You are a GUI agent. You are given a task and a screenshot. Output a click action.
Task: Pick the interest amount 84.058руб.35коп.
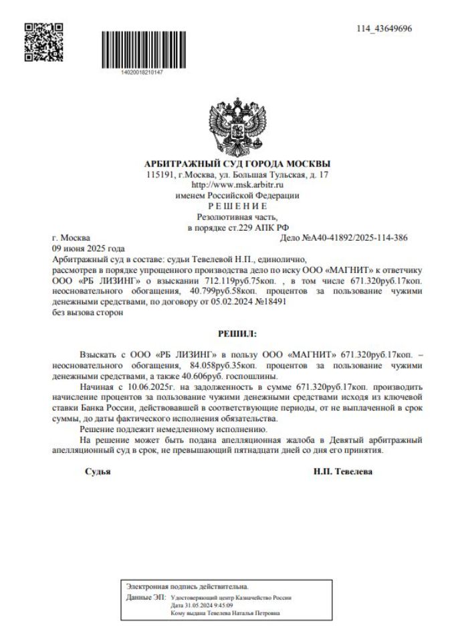pos(241,366)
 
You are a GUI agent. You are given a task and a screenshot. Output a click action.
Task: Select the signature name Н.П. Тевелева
pos(344,471)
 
